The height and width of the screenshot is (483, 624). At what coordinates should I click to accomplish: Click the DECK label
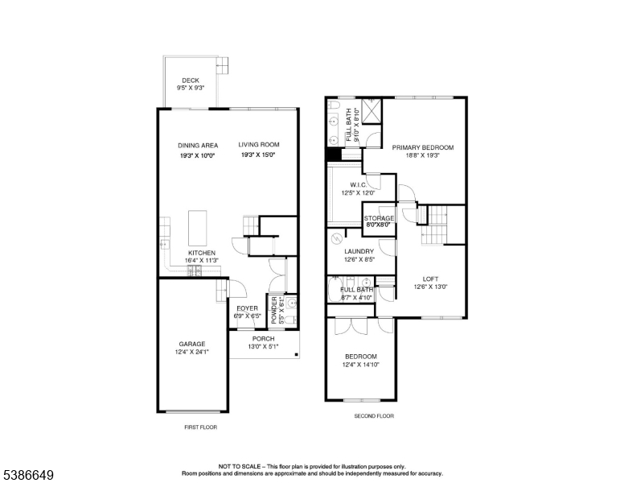point(191,80)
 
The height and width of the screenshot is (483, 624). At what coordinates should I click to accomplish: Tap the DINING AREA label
point(199,146)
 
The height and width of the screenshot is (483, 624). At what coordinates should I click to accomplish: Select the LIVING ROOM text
point(259,146)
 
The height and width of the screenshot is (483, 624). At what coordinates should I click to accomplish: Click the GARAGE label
point(191,344)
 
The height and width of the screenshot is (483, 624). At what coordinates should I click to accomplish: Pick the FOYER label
point(248,308)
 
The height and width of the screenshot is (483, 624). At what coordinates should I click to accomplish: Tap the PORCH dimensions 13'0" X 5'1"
point(264,347)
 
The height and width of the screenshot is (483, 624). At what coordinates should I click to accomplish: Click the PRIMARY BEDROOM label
point(423,148)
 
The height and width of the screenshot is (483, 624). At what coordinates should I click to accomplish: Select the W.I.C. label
point(359,184)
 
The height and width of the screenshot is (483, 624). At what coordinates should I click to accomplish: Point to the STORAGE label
point(379,218)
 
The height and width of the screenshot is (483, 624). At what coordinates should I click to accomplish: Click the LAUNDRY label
point(359,251)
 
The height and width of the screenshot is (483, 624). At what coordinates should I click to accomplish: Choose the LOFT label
point(430,279)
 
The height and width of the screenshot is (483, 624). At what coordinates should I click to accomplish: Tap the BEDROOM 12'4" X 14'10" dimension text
point(359,365)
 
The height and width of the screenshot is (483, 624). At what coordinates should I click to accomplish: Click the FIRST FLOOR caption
point(200,427)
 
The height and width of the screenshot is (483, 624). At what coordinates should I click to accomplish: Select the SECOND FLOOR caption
point(374,416)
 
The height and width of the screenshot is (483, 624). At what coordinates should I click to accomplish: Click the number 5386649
point(27,475)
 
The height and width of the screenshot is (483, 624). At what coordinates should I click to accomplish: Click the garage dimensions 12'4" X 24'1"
point(191,353)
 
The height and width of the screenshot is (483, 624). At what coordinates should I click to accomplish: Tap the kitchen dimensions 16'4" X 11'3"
point(202,261)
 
